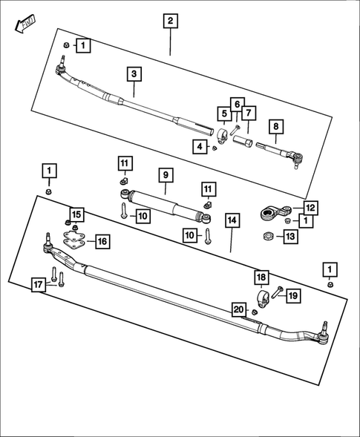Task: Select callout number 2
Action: pyautogui.click(x=171, y=21)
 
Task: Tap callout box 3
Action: pyautogui.click(x=134, y=74)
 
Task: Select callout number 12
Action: pyautogui.click(x=310, y=208)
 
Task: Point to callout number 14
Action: pyautogui.click(x=232, y=221)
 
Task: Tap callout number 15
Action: pyautogui.click(x=76, y=215)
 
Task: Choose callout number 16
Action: pyautogui.click(x=102, y=241)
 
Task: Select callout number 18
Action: pyautogui.click(x=261, y=277)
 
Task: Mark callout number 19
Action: pyautogui.click(x=292, y=295)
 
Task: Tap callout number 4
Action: pyautogui.click(x=199, y=148)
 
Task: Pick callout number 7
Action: pyautogui.click(x=249, y=114)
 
